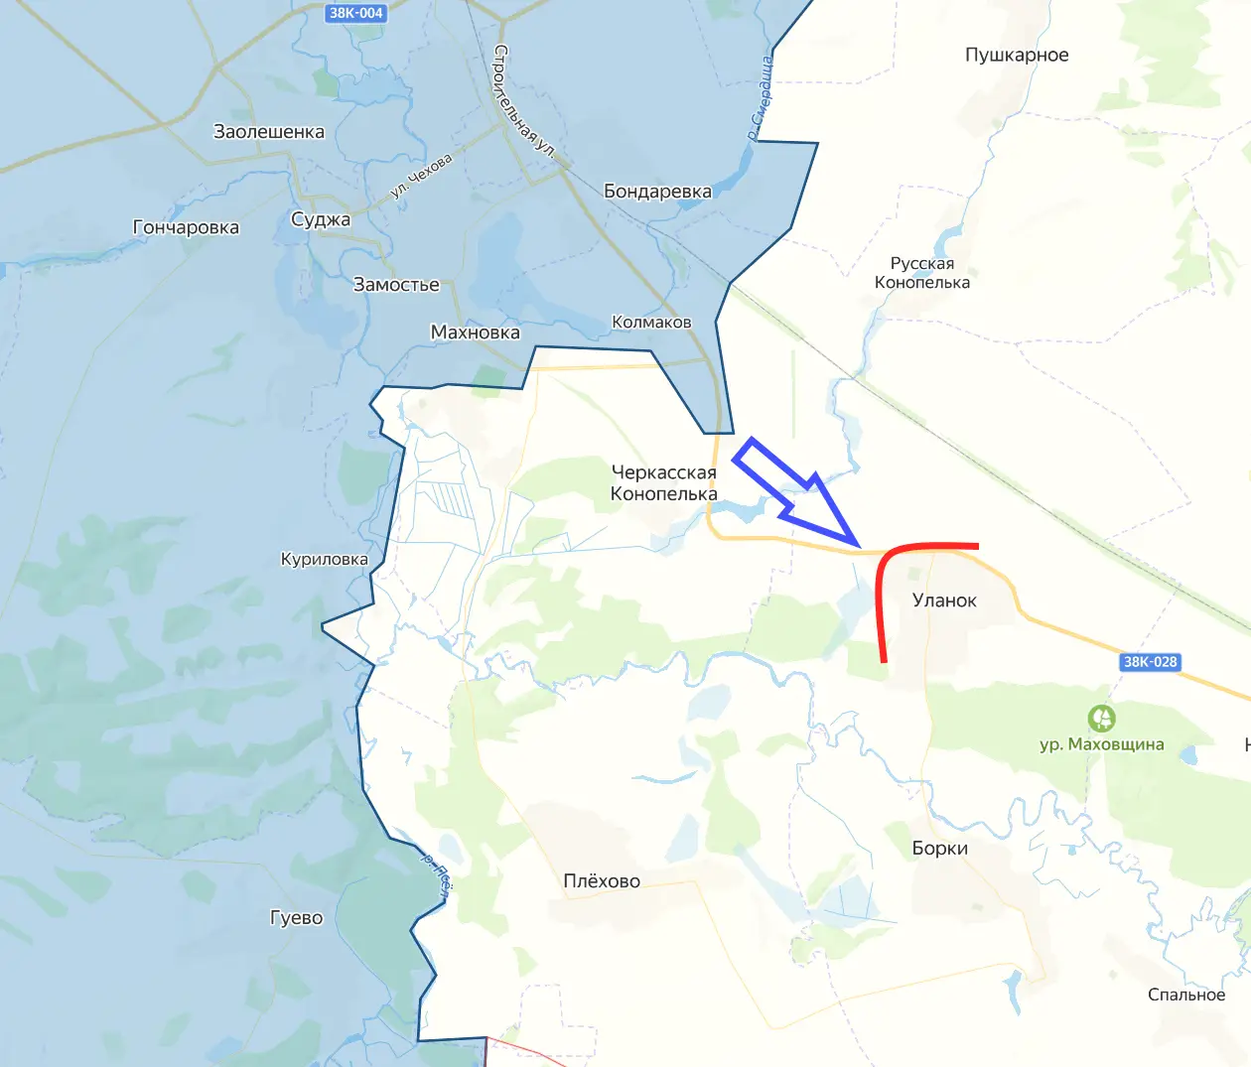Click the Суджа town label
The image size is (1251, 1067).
point(321,219)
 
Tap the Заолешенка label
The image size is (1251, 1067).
point(269,131)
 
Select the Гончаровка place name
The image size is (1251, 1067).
point(186,227)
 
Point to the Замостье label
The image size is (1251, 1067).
point(396,285)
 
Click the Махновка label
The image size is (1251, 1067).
point(475,333)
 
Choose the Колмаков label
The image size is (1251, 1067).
point(651,322)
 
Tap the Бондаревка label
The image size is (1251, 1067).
point(657,192)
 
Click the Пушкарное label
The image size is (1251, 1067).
point(1017,55)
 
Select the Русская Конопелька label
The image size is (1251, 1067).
point(922,273)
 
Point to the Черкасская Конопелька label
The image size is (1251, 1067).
point(663,483)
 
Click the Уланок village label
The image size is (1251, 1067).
point(944,600)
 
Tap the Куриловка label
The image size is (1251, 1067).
point(324,560)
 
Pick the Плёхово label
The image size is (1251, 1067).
point(602,881)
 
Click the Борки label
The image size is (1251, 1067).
point(939,849)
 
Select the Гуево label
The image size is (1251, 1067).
point(296,918)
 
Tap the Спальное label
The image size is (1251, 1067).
point(1186,995)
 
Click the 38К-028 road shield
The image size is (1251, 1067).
point(1150,662)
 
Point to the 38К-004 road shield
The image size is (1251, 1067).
point(356,13)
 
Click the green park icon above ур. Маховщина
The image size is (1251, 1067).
point(1101,718)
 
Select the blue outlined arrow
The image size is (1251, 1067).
point(794,491)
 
